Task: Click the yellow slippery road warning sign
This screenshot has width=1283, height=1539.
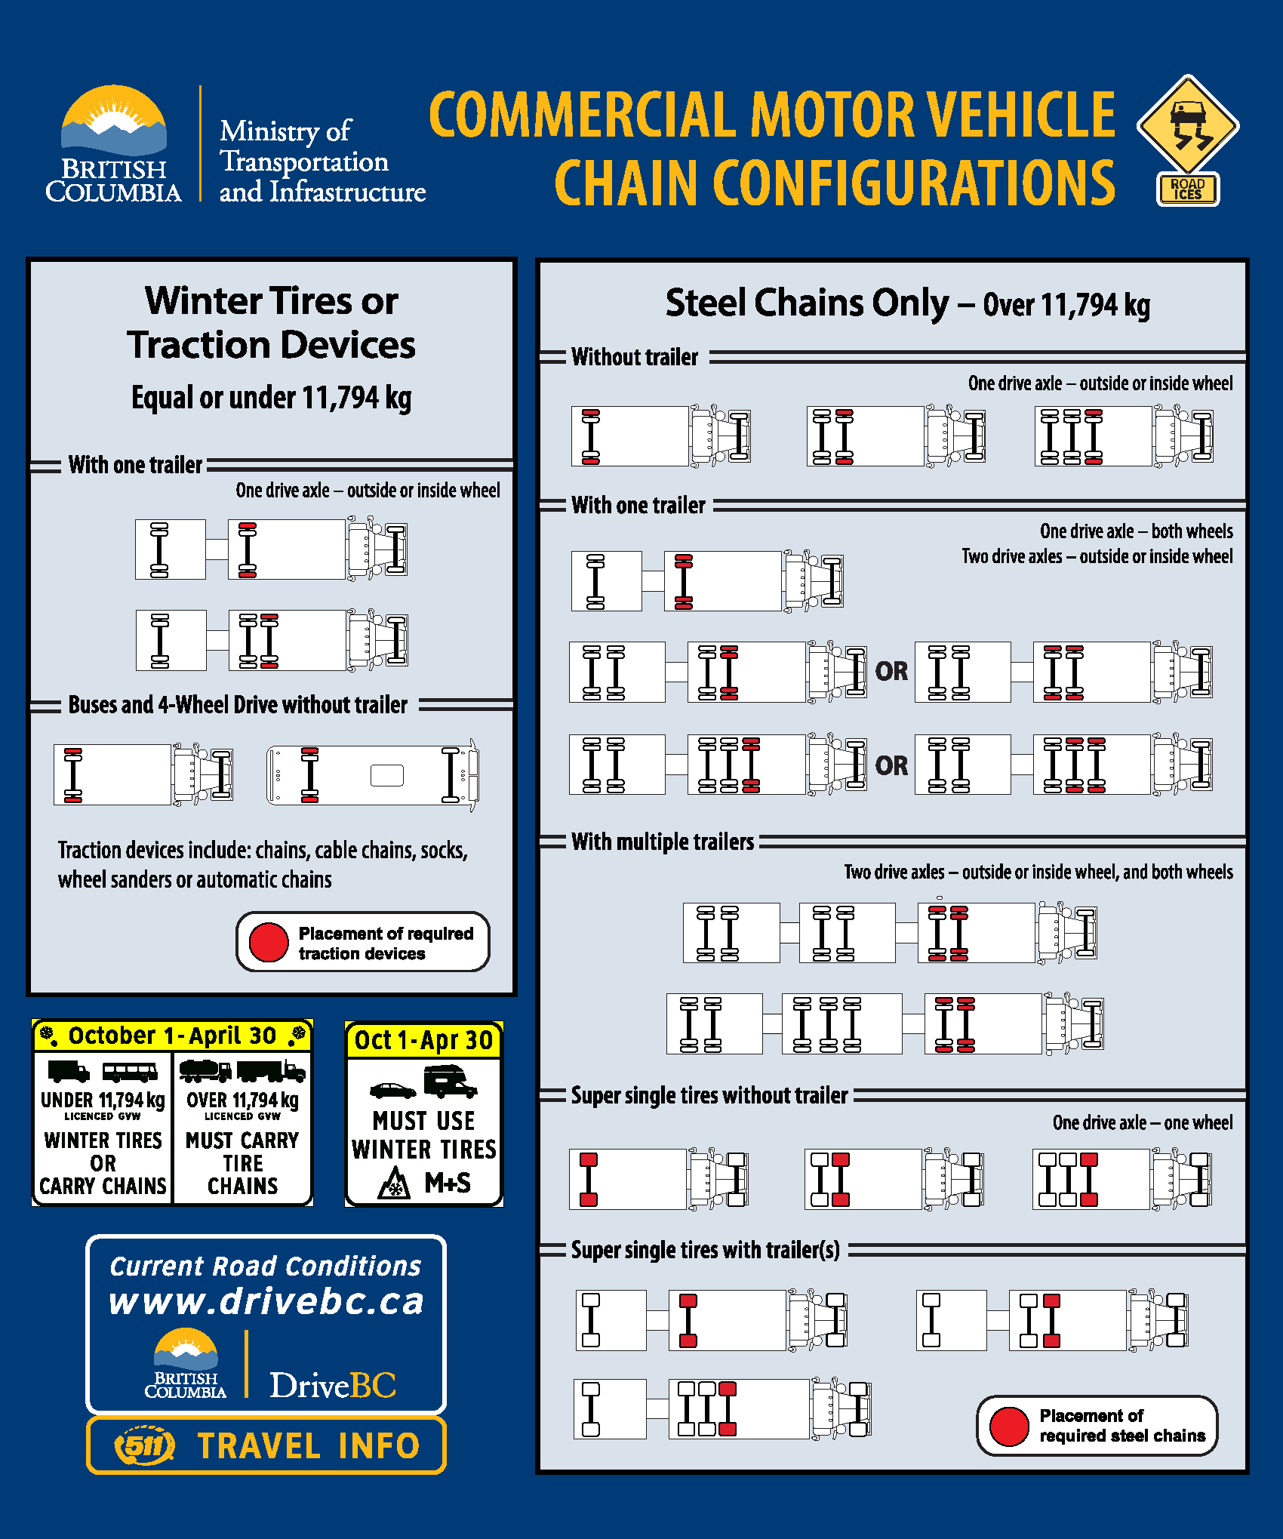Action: coord(1187,125)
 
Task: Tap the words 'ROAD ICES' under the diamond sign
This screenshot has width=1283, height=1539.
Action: coord(1187,189)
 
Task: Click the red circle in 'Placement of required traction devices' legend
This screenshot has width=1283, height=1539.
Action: coord(269,942)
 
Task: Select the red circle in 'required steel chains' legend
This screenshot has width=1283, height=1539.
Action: coord(1008,1426)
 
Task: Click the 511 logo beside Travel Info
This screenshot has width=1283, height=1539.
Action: coord(144,1445)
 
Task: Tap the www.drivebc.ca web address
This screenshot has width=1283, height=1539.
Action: coord(266,1301)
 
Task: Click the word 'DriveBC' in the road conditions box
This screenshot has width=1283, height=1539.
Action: coord(333,1385)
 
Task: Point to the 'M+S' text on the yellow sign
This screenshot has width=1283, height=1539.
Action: coord(448,1183)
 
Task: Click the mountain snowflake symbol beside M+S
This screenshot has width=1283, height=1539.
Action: coord(394,1183)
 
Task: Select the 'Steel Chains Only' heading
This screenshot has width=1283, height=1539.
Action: coord(807,303)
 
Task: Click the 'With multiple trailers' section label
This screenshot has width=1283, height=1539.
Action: coord(663,842)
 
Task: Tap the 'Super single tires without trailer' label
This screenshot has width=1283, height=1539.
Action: coord(709,1095)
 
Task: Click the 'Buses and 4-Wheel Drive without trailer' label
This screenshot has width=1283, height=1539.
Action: coord(238,705)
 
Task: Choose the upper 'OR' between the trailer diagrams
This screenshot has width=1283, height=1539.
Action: coord(891,671)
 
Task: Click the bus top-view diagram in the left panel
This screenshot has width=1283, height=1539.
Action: coord(372,775)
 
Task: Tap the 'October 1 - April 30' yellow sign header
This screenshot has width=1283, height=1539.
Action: coord(172,1036)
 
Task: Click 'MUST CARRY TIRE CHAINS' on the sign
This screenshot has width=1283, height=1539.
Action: coord(242,1162)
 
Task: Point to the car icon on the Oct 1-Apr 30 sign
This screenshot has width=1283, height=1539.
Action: coord(392,1091)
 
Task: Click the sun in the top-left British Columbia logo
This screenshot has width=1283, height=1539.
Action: coord(115,117)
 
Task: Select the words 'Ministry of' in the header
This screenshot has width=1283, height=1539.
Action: coord(285,131)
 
